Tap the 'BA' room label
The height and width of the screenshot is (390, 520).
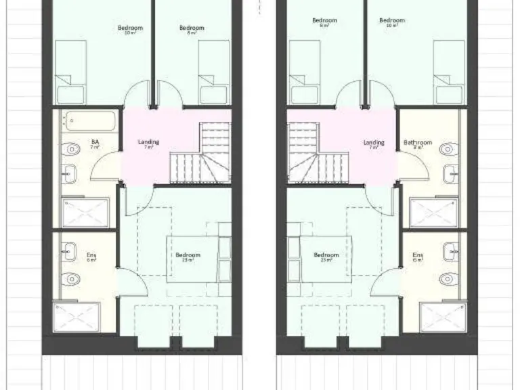(95, 142)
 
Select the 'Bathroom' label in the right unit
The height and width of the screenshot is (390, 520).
(417, 143)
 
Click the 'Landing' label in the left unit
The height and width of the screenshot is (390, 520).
(148, 142)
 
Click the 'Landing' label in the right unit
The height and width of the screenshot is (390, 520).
(374, 143)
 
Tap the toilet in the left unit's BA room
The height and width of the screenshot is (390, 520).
(72, 148)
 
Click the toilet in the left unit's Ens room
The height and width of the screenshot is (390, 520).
(70, 278)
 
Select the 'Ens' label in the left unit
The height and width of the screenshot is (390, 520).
(91, 256)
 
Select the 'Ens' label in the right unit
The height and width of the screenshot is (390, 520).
(418, 256)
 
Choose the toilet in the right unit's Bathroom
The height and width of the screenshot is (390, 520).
(447, 149)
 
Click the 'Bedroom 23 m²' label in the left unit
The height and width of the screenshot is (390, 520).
(188, 257)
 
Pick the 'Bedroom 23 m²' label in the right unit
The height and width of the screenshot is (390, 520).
(326, 257)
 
